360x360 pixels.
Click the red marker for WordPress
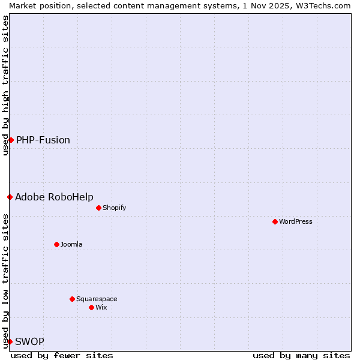point(275,221)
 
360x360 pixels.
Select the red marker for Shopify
point(98,208)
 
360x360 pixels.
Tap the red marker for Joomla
point(56,244)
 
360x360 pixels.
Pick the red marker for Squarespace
point(72,299)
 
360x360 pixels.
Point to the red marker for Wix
point(91,307)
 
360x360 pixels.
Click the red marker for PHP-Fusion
point(11,140)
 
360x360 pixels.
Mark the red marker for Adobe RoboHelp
point(10,197)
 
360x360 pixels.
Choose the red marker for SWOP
point(10,341)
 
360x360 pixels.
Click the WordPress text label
point(296,221)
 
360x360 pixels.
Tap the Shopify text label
point(114,208)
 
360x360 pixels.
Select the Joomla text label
point(71,244)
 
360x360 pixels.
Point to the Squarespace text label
point(97,299)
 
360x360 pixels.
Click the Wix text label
point(101,307)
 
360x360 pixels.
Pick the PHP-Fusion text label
point(43,140)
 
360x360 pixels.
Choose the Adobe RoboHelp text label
point(54,197)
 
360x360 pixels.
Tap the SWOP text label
point(29,341)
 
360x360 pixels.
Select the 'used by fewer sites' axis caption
point(62,355)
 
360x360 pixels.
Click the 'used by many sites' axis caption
point(301,355)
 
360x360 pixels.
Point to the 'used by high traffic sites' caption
point(5,85)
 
